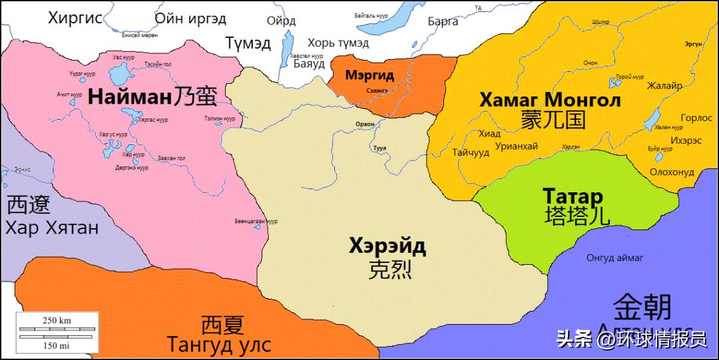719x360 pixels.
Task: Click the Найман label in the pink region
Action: tap(130, 96)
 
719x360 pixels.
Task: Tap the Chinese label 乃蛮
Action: tap(195, 96)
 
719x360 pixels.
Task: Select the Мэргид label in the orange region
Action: tap(369, 75)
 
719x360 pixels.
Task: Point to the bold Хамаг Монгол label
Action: tap(550, 100)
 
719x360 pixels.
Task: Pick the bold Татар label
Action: tap(573, 197)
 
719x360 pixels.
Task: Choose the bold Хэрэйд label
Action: tap(387, 246)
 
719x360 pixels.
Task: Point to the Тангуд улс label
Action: tap(219, 346)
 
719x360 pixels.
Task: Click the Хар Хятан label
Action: tap(52, 228)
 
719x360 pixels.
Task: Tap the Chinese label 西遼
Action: tap(28, 204)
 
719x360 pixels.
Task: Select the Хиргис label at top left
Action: tap(75, 18)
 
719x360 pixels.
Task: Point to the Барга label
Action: tap(443, 21)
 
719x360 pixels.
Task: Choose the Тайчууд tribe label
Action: tap(471, 152)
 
